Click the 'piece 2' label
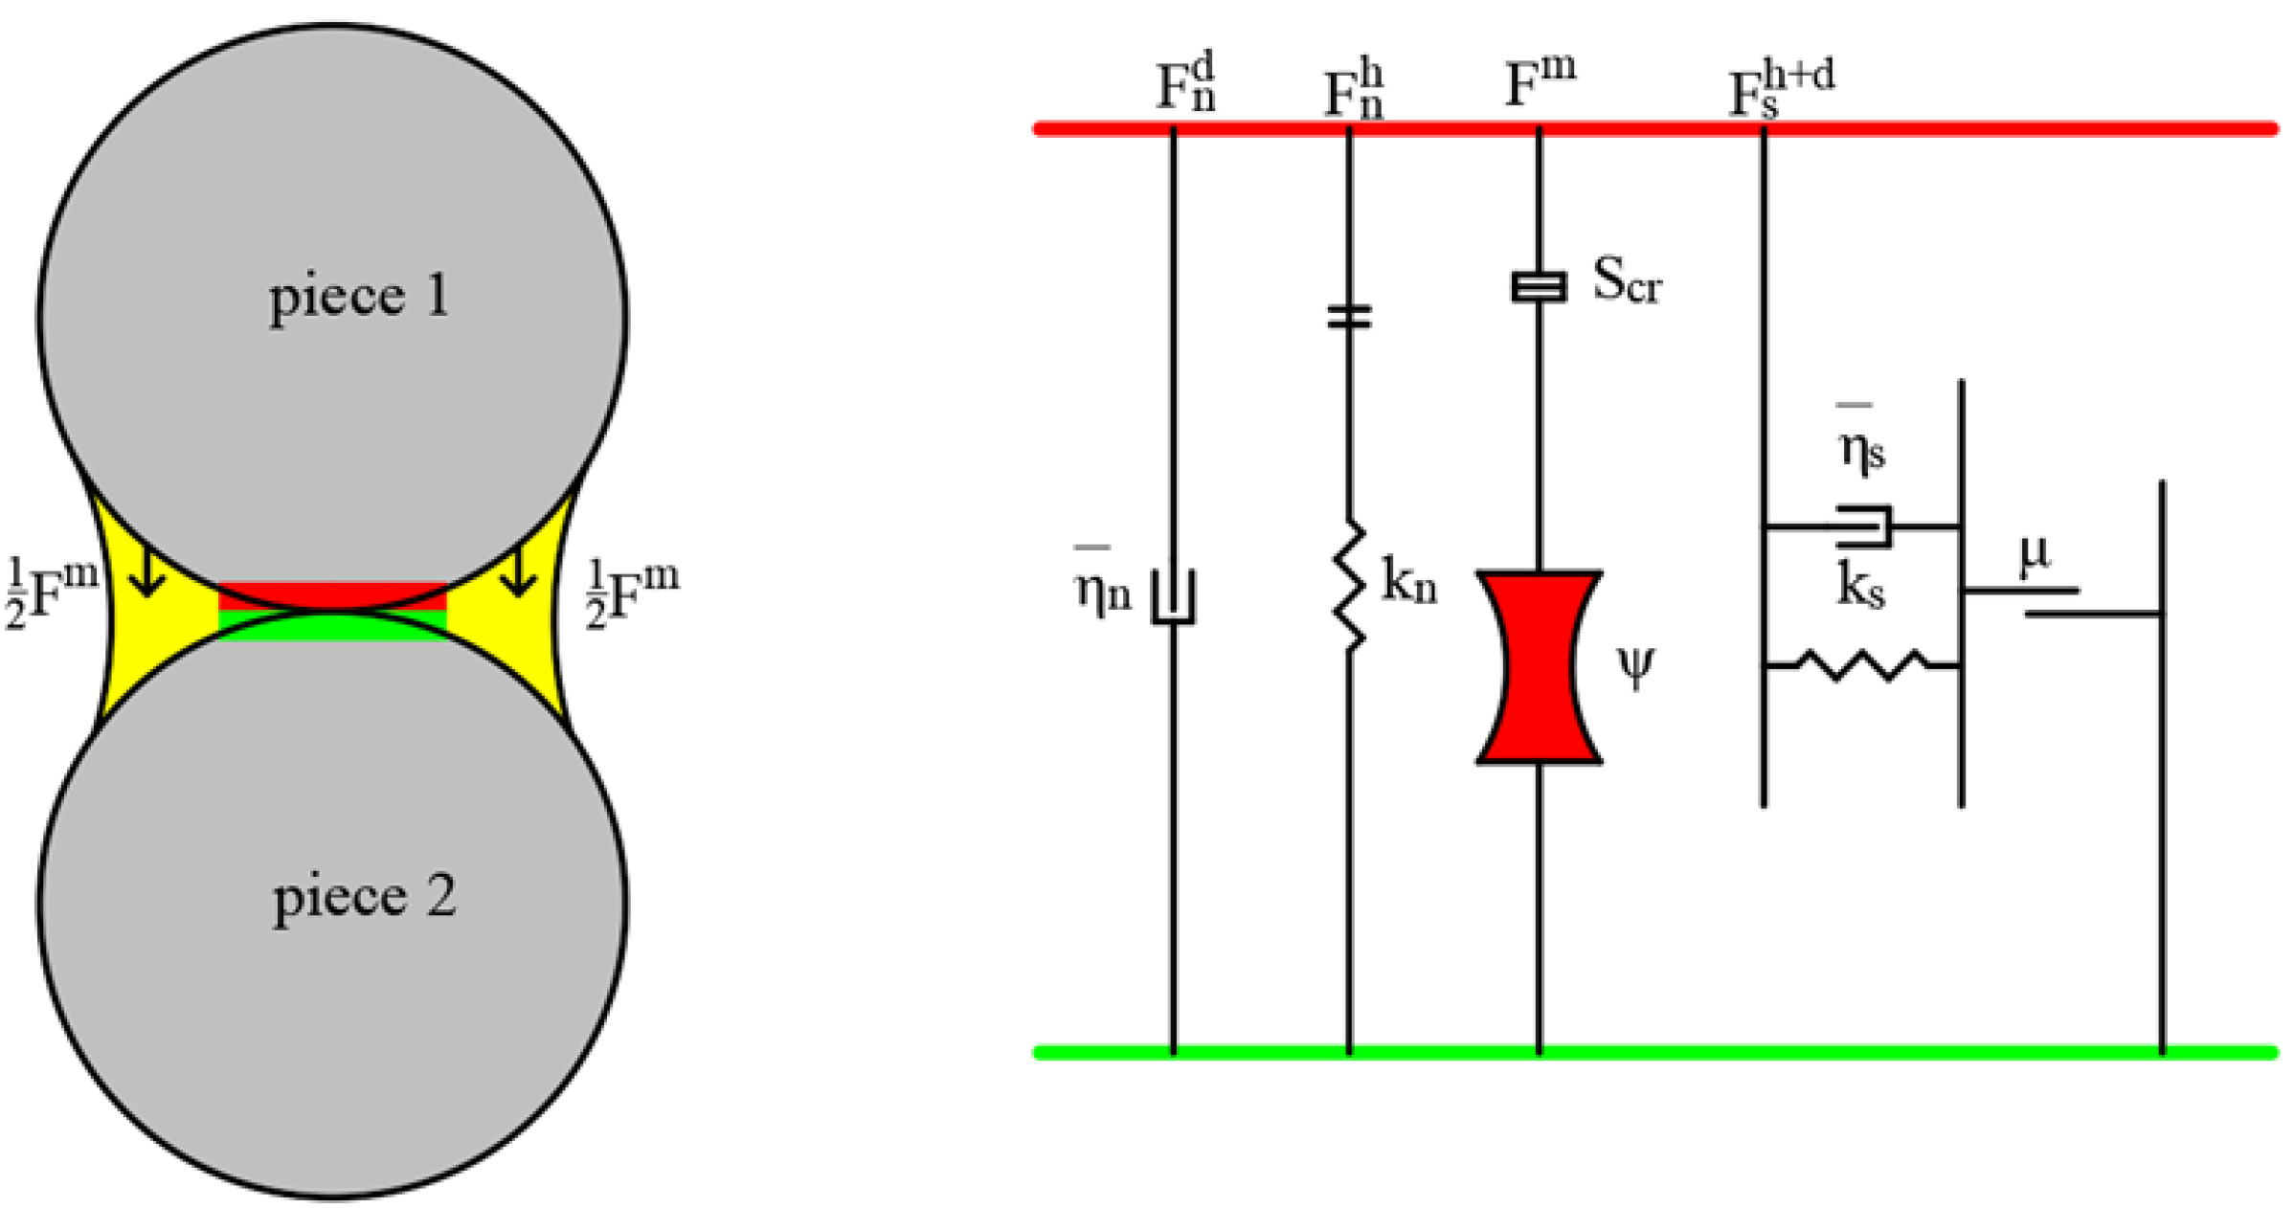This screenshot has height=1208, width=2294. point(364,898)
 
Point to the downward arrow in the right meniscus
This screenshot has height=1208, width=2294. point(518,571)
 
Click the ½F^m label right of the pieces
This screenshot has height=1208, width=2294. point(632,593)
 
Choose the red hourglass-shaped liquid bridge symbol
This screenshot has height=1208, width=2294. point(1539,667)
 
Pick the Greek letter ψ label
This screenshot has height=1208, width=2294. point(1635,667)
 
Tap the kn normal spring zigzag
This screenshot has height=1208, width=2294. point(1350,586)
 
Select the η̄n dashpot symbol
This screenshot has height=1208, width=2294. point(1173,597)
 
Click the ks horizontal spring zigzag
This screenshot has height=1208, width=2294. point(1862,664)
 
